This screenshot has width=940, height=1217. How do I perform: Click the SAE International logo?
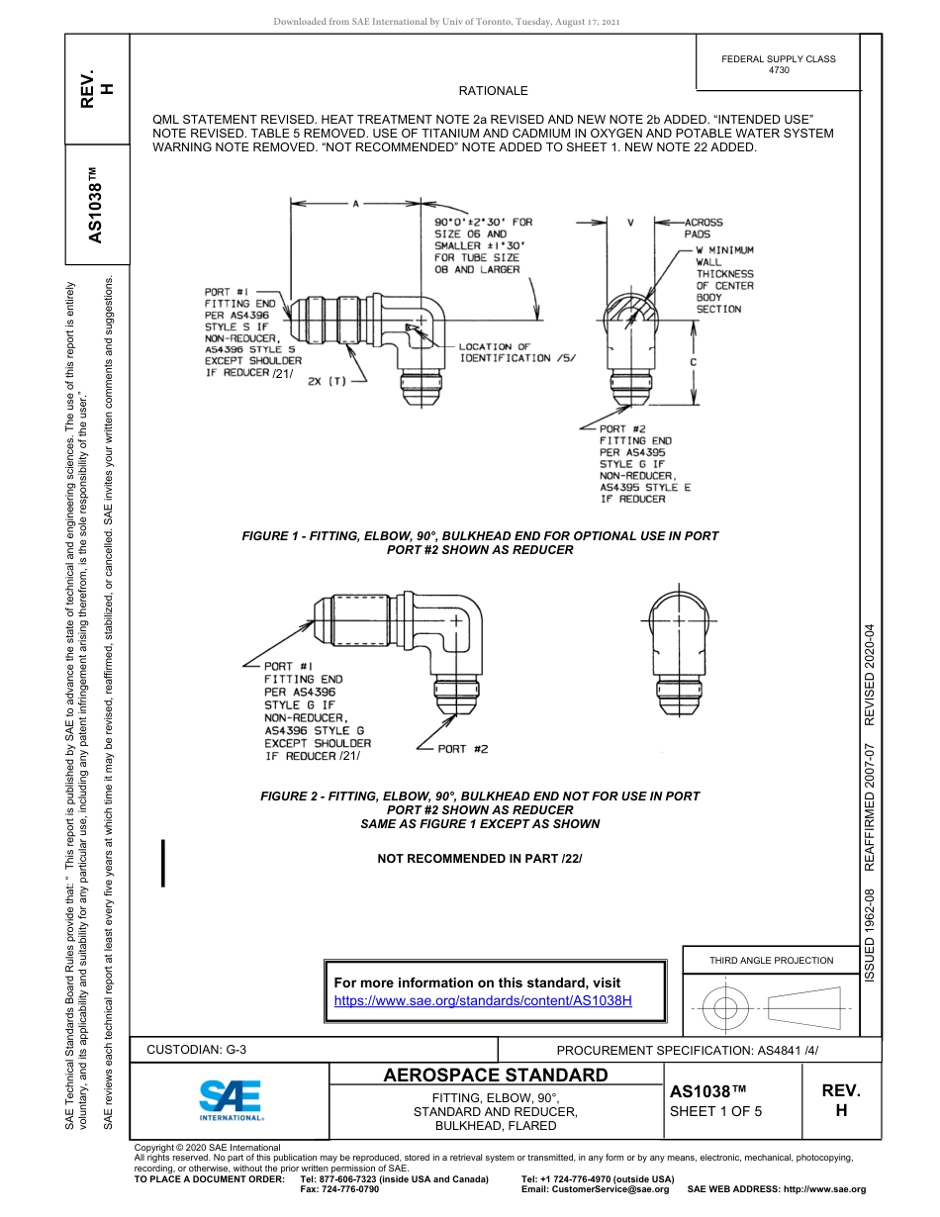[x=230, y=1099]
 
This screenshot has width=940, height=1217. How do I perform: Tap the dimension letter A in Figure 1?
[x=355, y=203]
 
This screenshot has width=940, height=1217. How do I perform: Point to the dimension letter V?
[x=630, y=223]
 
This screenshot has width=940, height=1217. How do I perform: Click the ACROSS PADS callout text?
[x=704, y=229]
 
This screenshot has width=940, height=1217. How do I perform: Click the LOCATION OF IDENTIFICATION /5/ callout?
[x=517, y=352]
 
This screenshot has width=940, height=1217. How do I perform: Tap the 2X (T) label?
[x=327, y=381]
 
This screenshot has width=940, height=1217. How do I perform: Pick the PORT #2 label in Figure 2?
[x=463, y=749]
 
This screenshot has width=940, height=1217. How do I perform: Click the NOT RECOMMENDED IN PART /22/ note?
[x=480, y=858]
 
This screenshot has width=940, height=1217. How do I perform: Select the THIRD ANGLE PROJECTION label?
[x=771, y=960]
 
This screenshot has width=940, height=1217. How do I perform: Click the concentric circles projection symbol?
[x=726, y=1009]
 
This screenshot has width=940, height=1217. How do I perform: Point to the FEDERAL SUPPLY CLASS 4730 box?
[x=778, y=64]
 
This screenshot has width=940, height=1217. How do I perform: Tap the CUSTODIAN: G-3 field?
[x=196, y=1049]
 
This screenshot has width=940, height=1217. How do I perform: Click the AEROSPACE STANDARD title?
[x=495, y=1076]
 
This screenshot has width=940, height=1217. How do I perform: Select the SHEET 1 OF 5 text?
[x=716, y=1110]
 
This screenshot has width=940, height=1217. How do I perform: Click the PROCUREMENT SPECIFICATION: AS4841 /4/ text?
[x=688, y=1050]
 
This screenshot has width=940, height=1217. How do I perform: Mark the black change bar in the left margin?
[x=162, y=862]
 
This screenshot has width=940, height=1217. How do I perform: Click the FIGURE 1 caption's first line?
[x=480, y=535]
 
